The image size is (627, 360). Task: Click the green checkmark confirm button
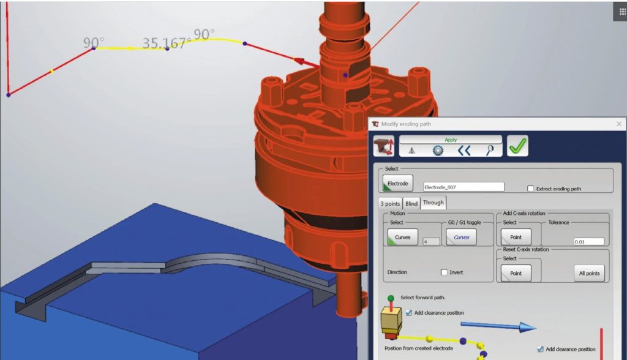tap(517, 146)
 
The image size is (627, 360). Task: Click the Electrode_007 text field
tap(464, 187)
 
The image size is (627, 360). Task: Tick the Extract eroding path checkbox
tap(530, 189)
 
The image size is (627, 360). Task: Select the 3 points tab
tap(390, 204)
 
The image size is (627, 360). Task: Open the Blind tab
tap(411, 204)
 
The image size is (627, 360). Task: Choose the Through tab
tap(433, 203)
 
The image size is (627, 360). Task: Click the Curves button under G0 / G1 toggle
tap(461, 237)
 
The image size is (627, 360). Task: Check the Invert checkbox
tap(444, 272)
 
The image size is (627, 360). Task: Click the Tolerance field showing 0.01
tap(588, 242)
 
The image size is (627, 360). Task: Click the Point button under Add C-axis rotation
tap(516, 237)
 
